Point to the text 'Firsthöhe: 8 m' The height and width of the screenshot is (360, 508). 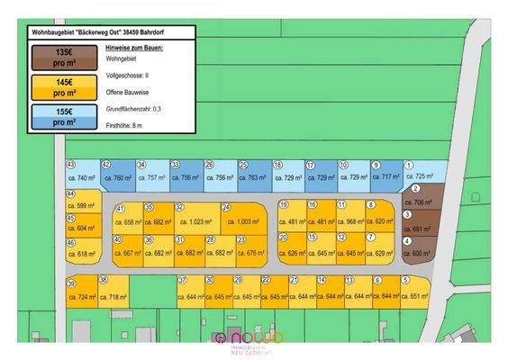click(123, 127)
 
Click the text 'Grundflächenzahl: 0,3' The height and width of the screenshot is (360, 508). click(133, 108)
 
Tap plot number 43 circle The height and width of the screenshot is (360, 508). click(70, 166)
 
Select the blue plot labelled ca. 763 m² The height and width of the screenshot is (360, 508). click(255, 178)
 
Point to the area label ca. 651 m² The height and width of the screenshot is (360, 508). click(416, 296)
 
